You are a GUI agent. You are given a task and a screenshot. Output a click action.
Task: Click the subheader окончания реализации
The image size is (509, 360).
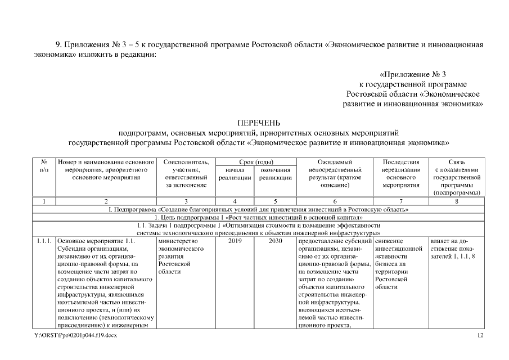[276, 173]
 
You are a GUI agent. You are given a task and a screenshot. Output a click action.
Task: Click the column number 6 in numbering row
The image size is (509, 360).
[334, 201]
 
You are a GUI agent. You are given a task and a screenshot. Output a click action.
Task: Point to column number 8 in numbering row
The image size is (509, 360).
[456, 201]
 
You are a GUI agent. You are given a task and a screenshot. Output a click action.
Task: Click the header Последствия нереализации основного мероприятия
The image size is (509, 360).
[400, 173]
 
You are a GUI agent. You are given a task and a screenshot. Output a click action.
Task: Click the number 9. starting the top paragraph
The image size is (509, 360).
[58, 44]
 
